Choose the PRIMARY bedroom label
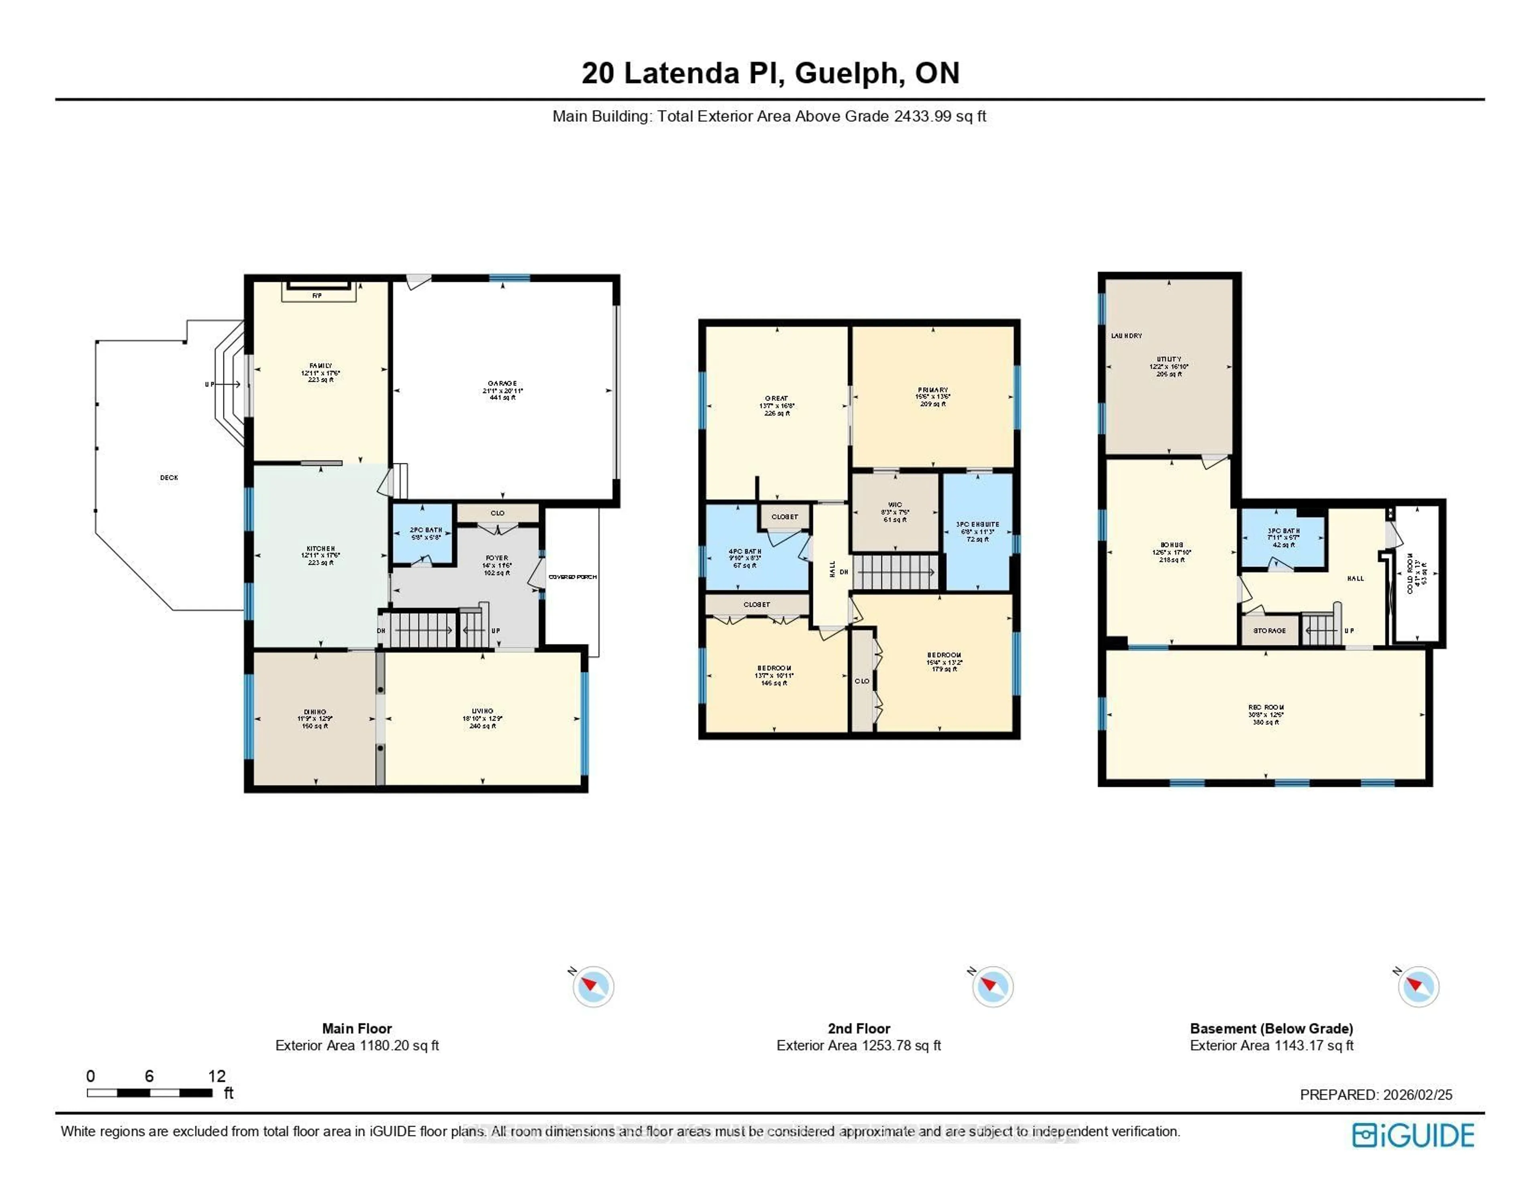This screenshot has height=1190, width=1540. [x=933, y=390]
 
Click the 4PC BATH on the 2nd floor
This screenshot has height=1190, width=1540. [x=745, y=551]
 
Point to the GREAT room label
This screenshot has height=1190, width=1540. [x=776, y=399]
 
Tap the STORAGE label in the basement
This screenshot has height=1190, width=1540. [x=1269, y=630]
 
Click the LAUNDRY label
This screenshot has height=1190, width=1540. [x=1126, y=336]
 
